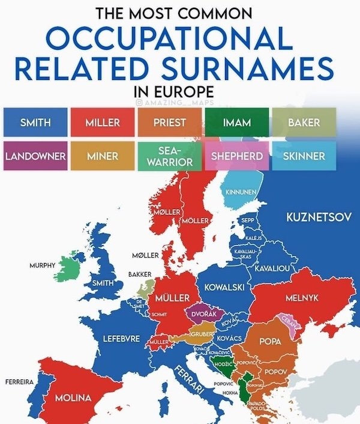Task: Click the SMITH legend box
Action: coord(35,123)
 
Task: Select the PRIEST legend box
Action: coord(170,123)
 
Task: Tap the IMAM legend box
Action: coord(236,123)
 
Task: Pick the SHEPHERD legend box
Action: coord(237,156)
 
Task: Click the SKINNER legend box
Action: coord(304,156)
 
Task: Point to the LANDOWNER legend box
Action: coord(35,156)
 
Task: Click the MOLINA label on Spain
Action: coord(73,398)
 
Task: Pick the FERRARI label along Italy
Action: coord(191,380)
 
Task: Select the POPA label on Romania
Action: coord(269,341)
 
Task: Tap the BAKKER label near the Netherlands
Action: coord(139,274)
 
